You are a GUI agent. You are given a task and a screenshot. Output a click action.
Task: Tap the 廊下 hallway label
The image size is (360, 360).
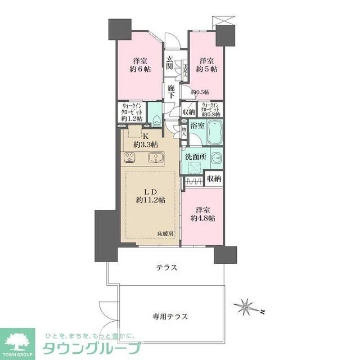point(171,92)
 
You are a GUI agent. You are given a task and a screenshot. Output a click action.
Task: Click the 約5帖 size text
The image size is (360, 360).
point(207,70)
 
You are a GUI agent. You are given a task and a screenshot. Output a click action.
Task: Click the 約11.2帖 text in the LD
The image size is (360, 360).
point(150,200)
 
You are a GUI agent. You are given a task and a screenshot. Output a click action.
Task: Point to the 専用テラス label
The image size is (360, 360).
point(170,317)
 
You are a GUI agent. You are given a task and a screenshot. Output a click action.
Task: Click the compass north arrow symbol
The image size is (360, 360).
point(246,307)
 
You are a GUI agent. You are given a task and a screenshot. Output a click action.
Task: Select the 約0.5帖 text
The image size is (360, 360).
point(200,92)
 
